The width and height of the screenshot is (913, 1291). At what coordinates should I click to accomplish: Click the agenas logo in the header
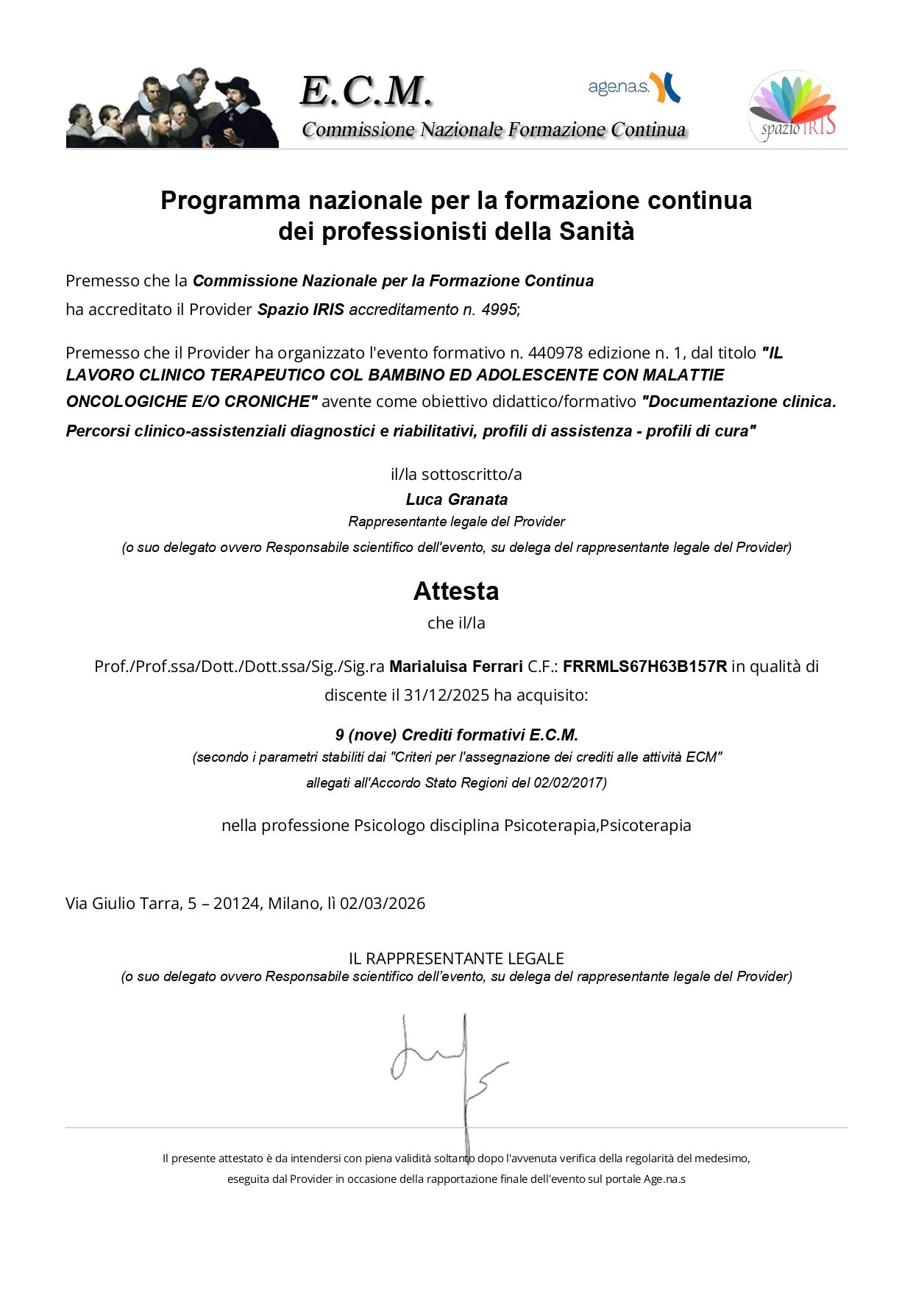633,88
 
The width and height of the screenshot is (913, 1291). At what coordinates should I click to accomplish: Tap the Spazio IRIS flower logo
792,106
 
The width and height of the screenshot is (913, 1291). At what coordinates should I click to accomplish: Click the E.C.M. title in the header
366,91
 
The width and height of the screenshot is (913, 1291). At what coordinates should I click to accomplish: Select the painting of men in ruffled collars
172,108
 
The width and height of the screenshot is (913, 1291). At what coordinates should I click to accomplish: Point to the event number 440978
555,353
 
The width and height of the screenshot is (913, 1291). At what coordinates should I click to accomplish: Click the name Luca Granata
456,499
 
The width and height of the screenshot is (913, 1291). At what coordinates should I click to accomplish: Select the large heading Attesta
456,591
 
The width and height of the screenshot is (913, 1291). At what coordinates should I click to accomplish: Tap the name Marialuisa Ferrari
456,666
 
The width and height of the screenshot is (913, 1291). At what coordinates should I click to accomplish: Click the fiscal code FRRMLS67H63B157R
644,666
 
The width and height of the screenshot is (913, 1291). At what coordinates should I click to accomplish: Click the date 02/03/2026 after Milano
383,903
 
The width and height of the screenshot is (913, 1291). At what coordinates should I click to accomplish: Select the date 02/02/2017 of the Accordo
569,782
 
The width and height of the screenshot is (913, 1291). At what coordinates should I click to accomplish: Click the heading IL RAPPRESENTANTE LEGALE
456,958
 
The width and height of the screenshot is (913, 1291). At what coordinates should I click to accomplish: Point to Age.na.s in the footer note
664,1178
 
